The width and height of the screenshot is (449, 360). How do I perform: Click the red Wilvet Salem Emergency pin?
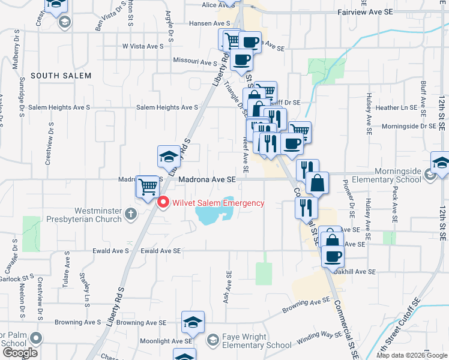[x=163, y=203]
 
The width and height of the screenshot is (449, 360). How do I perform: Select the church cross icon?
[x=131, y=214]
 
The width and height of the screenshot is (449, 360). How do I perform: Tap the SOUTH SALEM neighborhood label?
[x=61, y=76]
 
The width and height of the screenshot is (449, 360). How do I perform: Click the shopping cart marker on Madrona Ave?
[x=147, y=186]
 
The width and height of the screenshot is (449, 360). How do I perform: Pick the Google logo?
[x=20, y=353]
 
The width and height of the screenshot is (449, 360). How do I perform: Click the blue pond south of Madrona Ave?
[x=211, y=213]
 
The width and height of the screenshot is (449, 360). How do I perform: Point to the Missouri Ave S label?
[x=194, y=62]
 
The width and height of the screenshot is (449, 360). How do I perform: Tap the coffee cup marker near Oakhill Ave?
[x=332, y=256]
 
